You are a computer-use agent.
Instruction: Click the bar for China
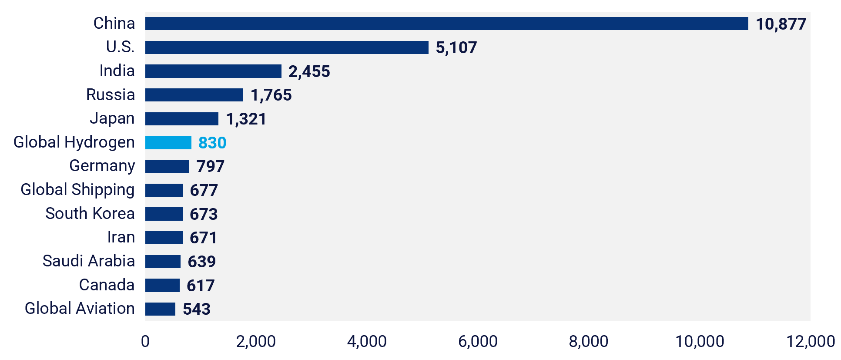point(446,24)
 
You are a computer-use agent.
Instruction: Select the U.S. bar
point(287,47)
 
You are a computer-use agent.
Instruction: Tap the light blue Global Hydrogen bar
point(168,142)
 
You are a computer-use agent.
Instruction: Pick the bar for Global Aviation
point(160,309)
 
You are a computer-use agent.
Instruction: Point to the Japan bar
point(182,119)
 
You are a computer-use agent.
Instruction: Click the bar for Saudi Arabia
point(163,261)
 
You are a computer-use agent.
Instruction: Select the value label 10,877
point(781,24)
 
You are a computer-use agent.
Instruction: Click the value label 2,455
point(309,71)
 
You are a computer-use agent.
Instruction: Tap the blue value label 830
point(212,143)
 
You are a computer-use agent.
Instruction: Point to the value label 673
point(204,214)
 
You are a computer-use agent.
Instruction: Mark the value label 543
point(197,309)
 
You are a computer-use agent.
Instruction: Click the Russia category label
point(111,94)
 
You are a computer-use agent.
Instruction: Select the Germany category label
point(102,166)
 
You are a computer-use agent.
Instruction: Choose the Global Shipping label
point(77,190)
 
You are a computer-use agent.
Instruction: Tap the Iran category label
point(121,237)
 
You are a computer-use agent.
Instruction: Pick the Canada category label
point(107,285)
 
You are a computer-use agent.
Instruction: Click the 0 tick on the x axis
point(145,341)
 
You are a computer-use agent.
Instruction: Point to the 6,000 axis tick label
point(478,341)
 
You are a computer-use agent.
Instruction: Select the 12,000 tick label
point(810,341)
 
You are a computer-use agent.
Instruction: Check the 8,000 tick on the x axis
point(588,341)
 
